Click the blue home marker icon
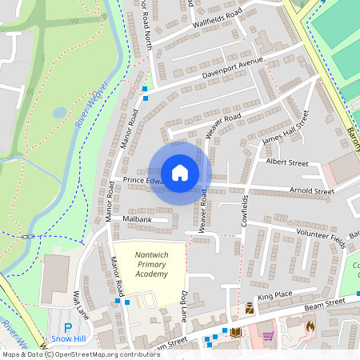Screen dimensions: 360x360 pos(180,173)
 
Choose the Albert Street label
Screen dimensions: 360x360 pos(286,162)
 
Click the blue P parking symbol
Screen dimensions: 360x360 pos(67,328)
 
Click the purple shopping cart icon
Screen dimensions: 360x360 pos(267,335)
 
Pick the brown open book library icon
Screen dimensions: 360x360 pos(235,332)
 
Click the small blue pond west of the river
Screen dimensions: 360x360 pos(59,113)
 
